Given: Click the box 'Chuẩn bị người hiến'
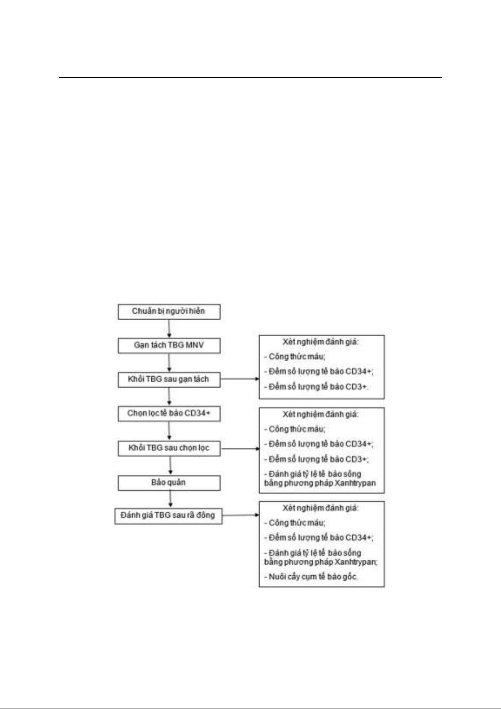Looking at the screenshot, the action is tap(169, 312).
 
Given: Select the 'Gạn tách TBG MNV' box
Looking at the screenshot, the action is tap(169, 346).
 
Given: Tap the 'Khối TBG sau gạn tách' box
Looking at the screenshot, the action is tap(169, 379).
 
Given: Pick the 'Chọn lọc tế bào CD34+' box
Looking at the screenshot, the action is tap(169, 414).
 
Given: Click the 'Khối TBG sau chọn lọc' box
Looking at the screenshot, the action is tap(169, 449).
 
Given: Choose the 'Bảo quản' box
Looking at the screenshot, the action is tap(169, 483).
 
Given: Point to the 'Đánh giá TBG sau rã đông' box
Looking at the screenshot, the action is tap(168, 516).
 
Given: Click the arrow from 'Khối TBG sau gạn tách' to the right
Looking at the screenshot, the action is tap(240, 379).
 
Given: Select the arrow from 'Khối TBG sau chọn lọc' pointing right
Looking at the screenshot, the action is tap(240, 449).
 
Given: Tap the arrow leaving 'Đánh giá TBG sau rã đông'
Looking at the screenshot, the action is tap(241, 515).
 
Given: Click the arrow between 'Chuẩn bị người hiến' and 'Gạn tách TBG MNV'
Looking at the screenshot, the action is tap(169, 329).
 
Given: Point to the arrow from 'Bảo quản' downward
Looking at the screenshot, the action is tap(170, 499).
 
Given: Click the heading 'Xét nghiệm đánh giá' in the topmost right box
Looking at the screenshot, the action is tap(320, 342).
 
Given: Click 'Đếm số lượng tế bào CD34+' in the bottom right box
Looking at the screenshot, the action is tap(319, 537).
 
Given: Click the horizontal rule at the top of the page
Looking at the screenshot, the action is tap(250, 77).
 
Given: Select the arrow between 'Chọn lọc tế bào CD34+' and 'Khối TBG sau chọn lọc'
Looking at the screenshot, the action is tap(169, 431).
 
